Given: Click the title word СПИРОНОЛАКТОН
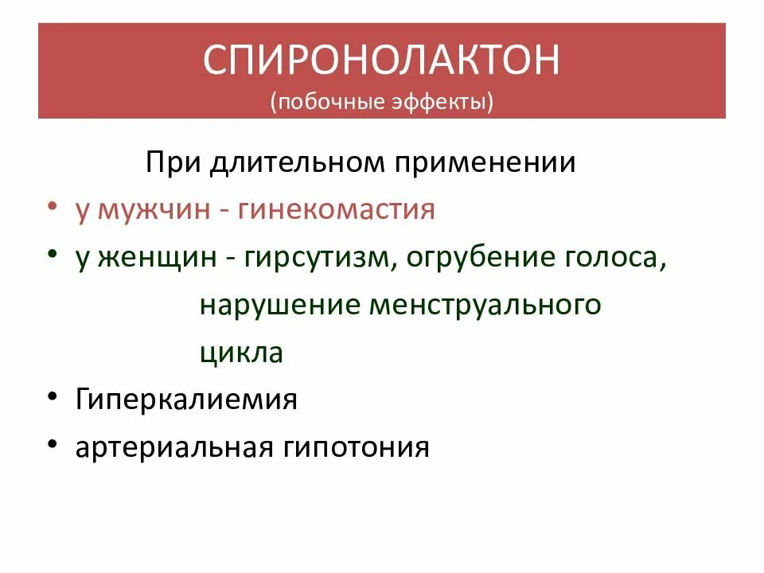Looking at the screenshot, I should [x=381, y=62].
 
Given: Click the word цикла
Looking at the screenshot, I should [x=241, y=352].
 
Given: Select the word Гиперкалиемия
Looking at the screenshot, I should [x=186, y=399].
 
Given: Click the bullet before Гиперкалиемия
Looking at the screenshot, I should [x=52, y=396].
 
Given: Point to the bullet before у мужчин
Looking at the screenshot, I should [x=52, y=206].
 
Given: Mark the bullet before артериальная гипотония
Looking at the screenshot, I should [x=52, y=442].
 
